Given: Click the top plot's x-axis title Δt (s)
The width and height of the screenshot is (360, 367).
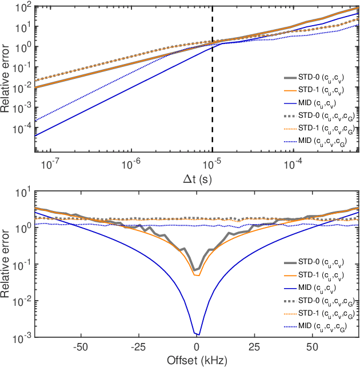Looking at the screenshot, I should tap(197, 177).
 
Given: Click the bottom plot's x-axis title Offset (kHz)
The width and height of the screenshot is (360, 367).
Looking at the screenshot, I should tap(197, 361).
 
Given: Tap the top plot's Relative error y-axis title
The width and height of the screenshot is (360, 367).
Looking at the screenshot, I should tap(7, 80).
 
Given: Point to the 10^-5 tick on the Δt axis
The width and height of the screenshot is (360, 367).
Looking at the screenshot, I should tap(213, 163).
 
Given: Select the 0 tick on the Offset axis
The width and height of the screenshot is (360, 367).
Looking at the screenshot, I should tap(197, 348).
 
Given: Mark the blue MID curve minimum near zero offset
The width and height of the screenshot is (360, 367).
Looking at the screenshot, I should tap(197, 334).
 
